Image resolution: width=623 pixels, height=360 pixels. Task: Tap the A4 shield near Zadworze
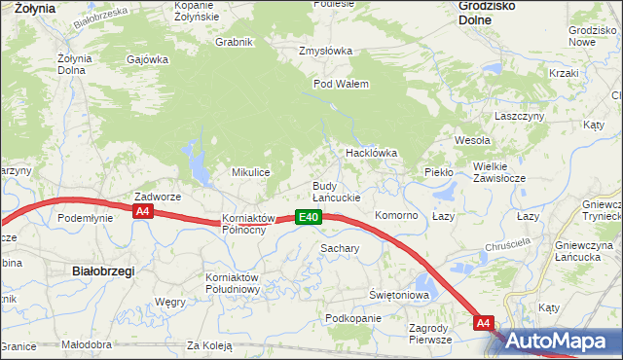(x=143, y=211)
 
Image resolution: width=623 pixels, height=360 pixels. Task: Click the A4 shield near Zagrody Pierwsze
(x=485, y=322)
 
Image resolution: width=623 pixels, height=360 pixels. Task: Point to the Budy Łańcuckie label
(x=336, y=192)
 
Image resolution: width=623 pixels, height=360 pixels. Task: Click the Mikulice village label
(x=249, y=172)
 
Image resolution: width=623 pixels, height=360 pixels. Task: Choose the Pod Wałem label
(x=341, y=84)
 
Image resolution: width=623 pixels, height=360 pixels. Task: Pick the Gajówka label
(x=148, y=58)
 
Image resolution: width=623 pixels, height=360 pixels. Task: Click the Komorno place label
(x=396, y=215)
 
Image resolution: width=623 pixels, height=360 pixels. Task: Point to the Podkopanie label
(x=353, y=319)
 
